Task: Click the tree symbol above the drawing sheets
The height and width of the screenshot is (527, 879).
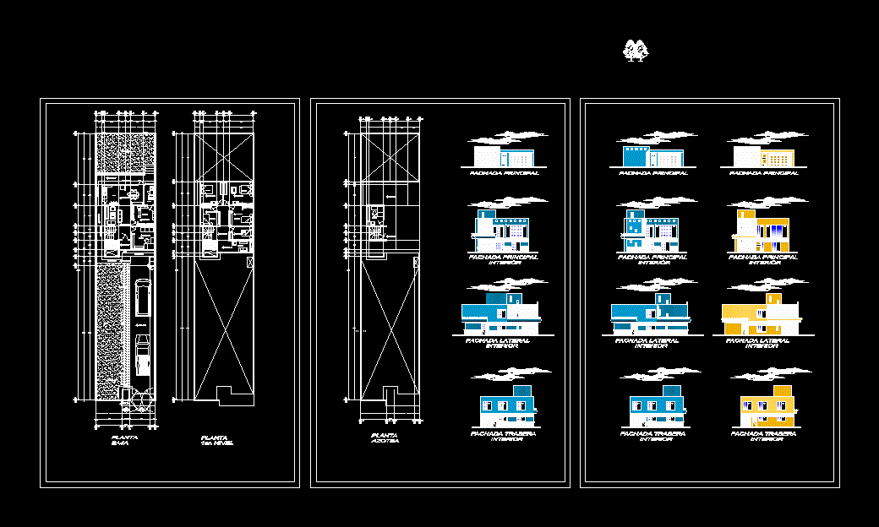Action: coord(635,51)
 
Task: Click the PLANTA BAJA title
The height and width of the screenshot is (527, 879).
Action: coord(124,440)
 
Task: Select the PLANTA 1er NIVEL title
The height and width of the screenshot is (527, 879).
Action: coord(216,440)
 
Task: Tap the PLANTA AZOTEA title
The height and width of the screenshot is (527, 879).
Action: coord(385,440)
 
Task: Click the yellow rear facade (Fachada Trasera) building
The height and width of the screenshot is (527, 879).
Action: coord(767,406)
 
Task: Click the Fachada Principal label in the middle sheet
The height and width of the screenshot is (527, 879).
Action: coord(505,173)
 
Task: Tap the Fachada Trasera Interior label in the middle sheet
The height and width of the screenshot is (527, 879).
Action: coord(505,436)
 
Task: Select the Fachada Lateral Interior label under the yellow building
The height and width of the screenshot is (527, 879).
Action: coord(758,344)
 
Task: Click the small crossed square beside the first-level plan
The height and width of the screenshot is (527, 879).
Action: coord(248,263)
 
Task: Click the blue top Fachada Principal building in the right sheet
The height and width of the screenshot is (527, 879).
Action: coord(652,156)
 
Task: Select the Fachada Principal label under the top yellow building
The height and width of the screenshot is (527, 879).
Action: coord(764,173)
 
